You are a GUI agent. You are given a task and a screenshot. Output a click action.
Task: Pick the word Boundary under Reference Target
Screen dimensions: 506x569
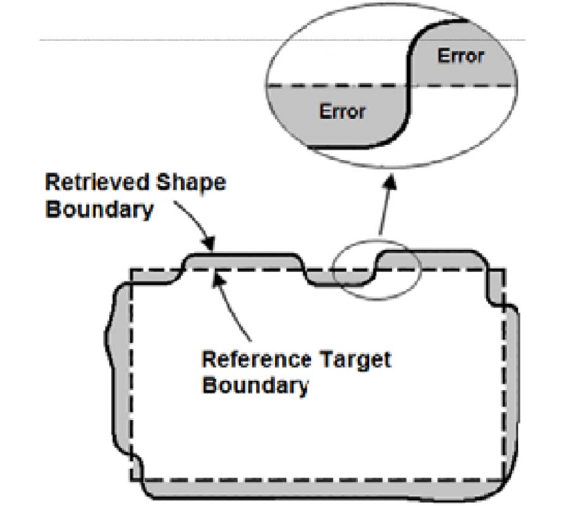pos(255,385)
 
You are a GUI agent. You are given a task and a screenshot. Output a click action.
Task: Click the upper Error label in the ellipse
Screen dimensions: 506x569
pos(460,56)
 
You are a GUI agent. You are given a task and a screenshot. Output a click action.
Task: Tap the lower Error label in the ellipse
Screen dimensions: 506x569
pos(342,112)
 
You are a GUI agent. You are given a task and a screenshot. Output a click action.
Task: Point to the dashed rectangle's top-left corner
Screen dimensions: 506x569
pos(132,271)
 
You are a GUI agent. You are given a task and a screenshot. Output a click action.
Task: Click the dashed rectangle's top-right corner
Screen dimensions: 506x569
pos(504,271)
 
